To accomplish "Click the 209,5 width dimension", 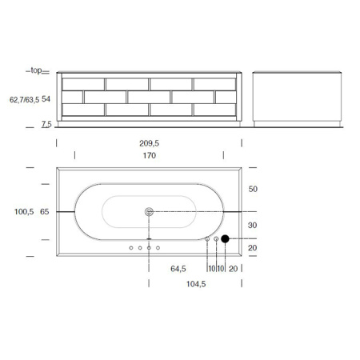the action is pyautogui.click(x=149, y=143).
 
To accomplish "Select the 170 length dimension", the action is pyautogui.click(x=150, y=155).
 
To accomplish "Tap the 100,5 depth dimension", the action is pyautogui.click(x=24, y=212).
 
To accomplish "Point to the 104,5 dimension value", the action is pyautogui.click(x=196, y=284).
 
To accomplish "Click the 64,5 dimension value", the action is pyautogui.click(x=178, y=269).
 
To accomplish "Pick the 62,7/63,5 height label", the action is pyautogui.click(x=24, y=100).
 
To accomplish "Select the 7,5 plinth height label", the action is pyautogui.click(x=46, y=124).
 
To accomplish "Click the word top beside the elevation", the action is pyautogui.click(x=36, y=70).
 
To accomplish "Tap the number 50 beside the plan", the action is pyautogui.click(x=253, y=189).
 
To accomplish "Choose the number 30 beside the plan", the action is pyautogui.click(x=252, y=226).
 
